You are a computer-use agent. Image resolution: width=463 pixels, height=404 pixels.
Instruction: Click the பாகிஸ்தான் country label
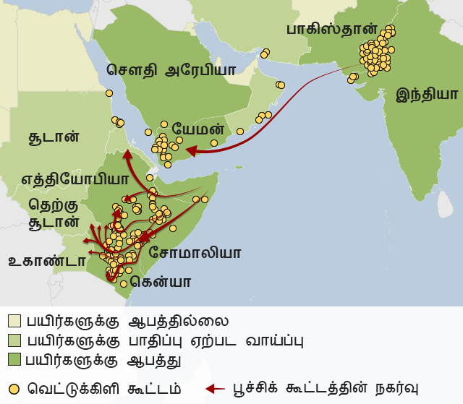tap(331, 31)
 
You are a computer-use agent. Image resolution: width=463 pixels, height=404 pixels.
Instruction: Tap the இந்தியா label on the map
tap(427, 94)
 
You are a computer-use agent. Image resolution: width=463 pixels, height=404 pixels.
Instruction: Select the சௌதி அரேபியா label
tap(171, 70)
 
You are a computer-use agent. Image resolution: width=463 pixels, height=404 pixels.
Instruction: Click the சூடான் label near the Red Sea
tap(52, 137)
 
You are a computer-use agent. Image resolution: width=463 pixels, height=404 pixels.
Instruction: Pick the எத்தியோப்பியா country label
tap(75, 178)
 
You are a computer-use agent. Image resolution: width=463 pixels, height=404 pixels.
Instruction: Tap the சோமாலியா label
tap(195, 253)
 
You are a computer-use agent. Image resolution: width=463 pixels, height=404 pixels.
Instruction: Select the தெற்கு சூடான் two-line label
tap(54, 213)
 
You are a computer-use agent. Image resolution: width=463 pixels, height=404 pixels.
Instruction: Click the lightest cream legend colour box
tap(14, 320)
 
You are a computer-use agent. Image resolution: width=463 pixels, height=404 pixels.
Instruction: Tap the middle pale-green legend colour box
tap(14, 339)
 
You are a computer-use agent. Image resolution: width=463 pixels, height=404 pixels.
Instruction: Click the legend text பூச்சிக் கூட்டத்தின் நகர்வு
tap(326, 387)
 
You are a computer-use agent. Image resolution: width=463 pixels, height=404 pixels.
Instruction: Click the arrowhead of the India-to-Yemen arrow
tap(190, 150)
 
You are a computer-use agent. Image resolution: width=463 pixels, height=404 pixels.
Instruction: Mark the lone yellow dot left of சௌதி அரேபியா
tap(109, 93)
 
